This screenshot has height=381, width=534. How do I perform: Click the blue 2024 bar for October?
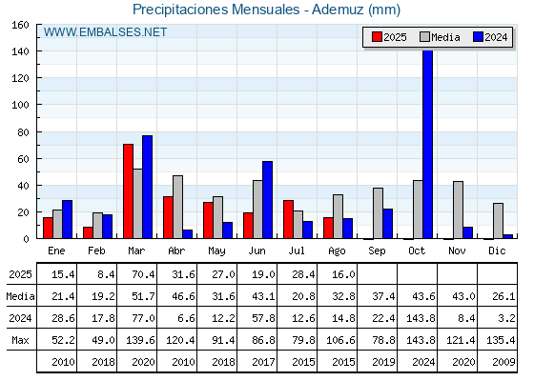coord(428,144)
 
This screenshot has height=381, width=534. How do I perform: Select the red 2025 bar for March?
coord(128,191)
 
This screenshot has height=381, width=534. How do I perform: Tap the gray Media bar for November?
coord(458,210)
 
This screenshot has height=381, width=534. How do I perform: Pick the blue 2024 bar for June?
coord(267,200)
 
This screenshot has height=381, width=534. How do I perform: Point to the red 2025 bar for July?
coord(288,219)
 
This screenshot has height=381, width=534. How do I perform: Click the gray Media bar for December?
coord(498,221)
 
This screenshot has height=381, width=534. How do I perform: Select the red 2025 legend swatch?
coord(377,37)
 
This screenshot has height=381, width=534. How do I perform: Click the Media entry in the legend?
coord(440,37)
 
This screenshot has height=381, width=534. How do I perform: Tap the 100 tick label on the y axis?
coord(20,105)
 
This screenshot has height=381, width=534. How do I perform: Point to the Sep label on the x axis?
coord(377,251)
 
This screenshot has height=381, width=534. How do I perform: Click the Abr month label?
coord(176,251)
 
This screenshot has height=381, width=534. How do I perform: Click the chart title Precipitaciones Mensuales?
coord(216,10)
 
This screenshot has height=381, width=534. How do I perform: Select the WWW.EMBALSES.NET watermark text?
coord(105,32)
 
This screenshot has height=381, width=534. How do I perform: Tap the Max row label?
coord(20,340)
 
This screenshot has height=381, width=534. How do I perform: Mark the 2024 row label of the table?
coord(20,318)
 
